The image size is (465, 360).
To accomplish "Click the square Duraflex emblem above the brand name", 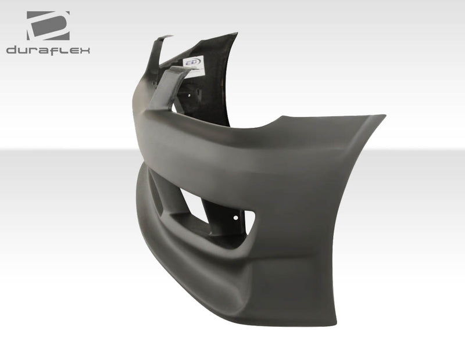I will (48, 26).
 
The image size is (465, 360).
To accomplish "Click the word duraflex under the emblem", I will (48, 51).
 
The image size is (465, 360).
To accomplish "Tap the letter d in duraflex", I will (11, 51).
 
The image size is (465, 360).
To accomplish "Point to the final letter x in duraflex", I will (85, 51).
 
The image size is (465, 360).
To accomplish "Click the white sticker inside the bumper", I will (194, 66).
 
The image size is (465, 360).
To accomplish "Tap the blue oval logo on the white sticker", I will (192, 62).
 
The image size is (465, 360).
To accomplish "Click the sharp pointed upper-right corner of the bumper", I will (384, 116).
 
